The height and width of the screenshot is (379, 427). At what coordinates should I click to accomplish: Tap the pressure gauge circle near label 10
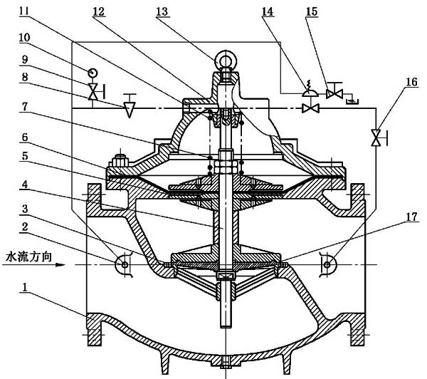(x=93, y=73)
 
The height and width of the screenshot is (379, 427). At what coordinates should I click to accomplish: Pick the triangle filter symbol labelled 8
(x=130, y=108)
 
